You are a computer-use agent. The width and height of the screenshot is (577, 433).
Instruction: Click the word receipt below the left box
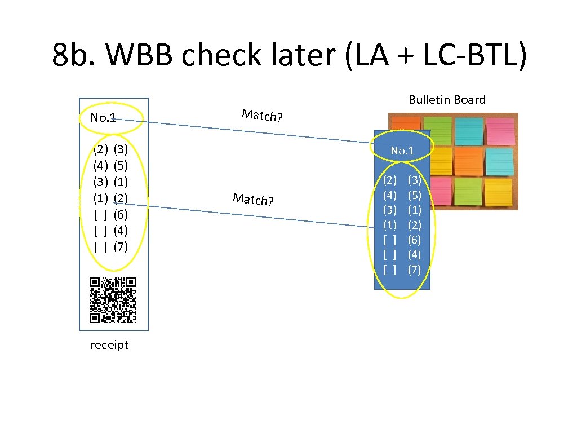109,345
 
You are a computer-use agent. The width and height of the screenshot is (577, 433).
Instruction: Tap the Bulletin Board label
447,100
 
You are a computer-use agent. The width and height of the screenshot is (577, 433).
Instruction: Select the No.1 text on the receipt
103,118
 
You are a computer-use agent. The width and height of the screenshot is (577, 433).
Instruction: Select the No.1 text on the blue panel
402,151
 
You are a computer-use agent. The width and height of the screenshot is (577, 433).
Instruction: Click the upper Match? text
262,116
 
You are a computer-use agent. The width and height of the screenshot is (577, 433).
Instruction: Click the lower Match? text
253,199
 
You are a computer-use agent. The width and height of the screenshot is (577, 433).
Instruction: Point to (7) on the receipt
121,246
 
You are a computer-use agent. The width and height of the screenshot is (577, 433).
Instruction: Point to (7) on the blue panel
414,269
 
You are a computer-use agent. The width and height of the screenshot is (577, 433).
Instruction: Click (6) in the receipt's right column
121,214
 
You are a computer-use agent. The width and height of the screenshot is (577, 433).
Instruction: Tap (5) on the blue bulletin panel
414,195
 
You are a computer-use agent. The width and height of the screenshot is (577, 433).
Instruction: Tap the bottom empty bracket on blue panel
389,269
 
